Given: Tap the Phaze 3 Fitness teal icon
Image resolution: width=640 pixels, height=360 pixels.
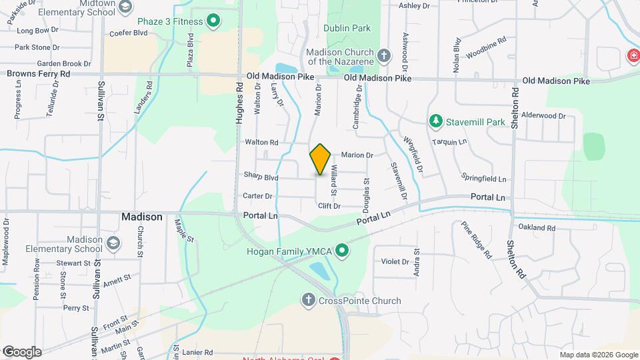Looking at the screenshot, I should pos(213,21).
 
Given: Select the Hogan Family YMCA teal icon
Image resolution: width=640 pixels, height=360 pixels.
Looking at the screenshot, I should pos(343,251).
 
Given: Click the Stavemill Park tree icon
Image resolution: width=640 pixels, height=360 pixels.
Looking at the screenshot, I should pos(436,121).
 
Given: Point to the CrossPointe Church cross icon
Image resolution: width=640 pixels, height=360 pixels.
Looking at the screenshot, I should pos(308,301).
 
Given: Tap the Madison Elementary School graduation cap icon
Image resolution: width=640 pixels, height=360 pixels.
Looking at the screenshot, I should pos(113,243).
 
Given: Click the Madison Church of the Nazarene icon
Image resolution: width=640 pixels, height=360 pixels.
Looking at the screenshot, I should pos(383,55).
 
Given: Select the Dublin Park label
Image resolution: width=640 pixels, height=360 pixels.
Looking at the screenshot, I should pos(347,29).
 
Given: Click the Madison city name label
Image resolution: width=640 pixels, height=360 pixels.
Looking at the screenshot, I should pos(141,217).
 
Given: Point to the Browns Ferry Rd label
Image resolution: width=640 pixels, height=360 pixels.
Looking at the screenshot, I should pos(39,73).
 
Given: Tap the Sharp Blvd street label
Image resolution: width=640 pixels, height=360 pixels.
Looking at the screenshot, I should pos(261,178).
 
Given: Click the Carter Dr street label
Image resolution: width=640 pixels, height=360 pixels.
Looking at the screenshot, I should pos(258,196).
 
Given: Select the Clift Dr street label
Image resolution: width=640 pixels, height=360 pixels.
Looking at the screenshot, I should pos(329,206).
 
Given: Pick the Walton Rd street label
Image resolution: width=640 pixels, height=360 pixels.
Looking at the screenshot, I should pos(261,142).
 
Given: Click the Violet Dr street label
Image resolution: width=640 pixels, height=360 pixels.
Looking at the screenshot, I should pos(395,262).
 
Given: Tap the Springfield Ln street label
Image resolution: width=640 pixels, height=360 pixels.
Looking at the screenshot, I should pos(484,179).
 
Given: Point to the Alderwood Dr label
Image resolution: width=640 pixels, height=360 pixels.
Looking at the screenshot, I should pos(544,115).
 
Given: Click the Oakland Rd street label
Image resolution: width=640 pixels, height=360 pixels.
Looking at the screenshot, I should pos(537,228).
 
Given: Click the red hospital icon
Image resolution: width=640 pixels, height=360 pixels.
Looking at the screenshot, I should pos(632,57).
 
